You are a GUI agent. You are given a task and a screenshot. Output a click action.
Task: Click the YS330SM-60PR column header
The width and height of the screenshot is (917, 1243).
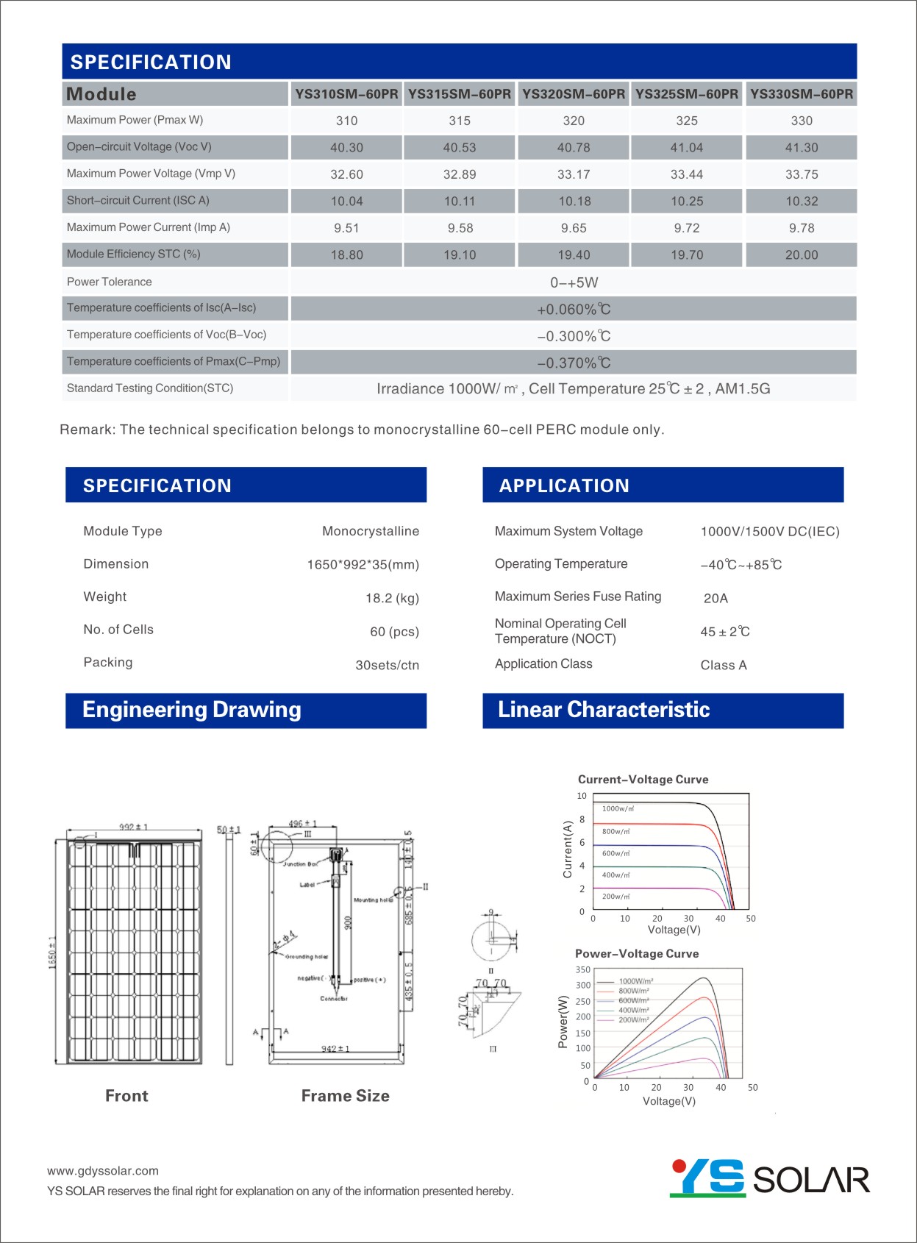(x=802, y=94)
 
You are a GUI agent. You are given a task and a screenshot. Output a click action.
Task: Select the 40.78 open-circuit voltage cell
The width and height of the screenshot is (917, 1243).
(x=574, y=148)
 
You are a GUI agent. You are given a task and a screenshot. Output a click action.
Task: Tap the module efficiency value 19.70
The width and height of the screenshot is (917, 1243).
(x=687, y=255)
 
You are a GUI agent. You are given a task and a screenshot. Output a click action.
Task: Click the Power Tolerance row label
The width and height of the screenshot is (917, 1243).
(x=110, y=282)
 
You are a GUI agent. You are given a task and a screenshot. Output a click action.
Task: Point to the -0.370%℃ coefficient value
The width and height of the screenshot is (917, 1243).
(x=574, y=363)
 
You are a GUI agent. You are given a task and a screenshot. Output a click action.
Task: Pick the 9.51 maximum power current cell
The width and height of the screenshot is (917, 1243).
(x=346, y=228)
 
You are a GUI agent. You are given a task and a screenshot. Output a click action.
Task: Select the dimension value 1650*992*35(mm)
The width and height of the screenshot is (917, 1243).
(x=363, y=565)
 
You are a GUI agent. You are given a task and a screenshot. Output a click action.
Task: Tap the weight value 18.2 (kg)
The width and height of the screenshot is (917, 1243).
(x=392, y=598)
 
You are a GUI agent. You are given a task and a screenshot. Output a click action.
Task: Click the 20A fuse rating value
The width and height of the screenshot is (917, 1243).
(x=716, y=598)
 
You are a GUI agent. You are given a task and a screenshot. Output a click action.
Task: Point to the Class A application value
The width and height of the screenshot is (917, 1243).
(x=724, y=665)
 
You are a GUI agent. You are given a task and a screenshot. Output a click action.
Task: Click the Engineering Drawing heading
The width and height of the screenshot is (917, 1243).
(x=192, y=710)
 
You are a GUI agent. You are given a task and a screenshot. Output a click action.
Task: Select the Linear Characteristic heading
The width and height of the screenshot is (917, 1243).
(x=604, y=710)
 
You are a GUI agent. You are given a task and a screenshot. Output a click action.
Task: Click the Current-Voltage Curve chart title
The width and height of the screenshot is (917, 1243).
(x=643, y=780)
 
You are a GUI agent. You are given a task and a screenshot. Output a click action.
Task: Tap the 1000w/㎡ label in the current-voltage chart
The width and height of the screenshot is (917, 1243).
(x=618, y=808)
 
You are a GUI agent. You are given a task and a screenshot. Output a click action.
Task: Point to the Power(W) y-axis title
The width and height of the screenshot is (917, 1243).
(x=564, y=1022)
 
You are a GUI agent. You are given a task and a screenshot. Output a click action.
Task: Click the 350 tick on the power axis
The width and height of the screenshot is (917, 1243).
(x=582, y=970)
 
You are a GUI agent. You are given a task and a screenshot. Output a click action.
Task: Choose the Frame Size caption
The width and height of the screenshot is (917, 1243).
(x=346, y=1096)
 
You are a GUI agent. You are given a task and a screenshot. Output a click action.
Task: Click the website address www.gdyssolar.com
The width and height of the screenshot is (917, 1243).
(x=103, y=1171)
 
